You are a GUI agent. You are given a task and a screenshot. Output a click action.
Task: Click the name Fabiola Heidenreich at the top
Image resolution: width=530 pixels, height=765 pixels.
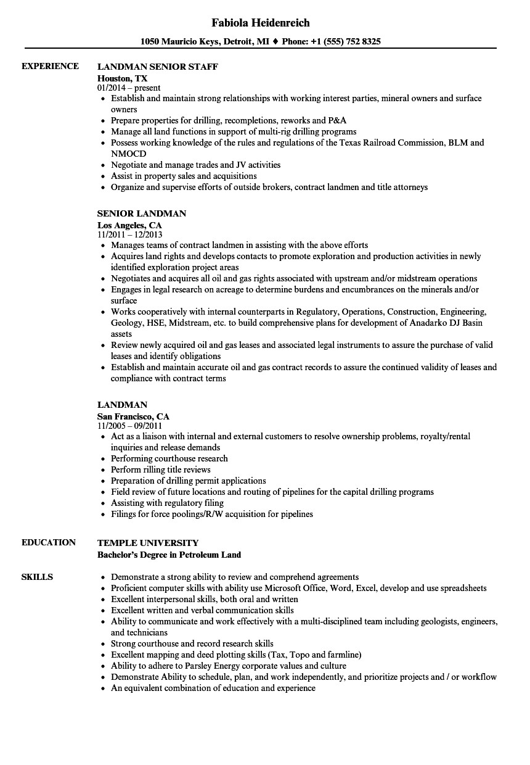coord(260,23)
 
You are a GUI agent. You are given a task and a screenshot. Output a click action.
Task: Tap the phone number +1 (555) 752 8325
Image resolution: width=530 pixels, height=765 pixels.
coord(347,42)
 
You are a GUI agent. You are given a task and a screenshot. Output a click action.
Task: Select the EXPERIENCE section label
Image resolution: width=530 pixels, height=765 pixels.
coord(50,66)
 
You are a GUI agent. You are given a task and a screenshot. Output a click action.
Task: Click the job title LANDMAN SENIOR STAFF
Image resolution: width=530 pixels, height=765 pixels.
coord(158,66)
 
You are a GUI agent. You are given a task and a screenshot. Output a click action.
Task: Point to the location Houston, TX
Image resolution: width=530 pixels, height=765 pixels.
coord(123,78)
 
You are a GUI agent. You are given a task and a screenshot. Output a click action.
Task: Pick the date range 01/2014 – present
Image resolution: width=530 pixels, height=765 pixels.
coord(129,88)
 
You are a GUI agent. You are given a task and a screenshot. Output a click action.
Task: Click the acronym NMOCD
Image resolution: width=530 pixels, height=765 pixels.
coord(129,154)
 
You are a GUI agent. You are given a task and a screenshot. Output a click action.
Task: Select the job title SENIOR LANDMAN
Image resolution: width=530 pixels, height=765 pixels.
coord(142,213)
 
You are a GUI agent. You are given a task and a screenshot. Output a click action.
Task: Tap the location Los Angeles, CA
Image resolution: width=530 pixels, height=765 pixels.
coord(129,225)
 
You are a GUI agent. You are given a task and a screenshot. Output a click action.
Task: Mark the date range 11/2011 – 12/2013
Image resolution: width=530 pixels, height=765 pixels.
coord(129,235)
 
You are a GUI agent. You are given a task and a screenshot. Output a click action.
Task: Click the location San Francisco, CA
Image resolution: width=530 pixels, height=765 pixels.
coord(133,416)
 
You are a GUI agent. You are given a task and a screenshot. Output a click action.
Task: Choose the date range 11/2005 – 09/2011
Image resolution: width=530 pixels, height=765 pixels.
coord(129,426)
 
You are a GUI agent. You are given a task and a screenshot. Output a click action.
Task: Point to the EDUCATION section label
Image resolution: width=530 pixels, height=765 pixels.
coord(49,542)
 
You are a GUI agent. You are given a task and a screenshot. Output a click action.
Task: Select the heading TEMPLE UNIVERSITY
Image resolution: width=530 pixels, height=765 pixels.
coord(148,543)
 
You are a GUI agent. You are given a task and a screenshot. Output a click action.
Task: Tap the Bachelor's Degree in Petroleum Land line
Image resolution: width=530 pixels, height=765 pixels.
coord(169,555)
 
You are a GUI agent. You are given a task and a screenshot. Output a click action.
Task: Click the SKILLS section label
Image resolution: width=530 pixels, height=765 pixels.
coord(37,577)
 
